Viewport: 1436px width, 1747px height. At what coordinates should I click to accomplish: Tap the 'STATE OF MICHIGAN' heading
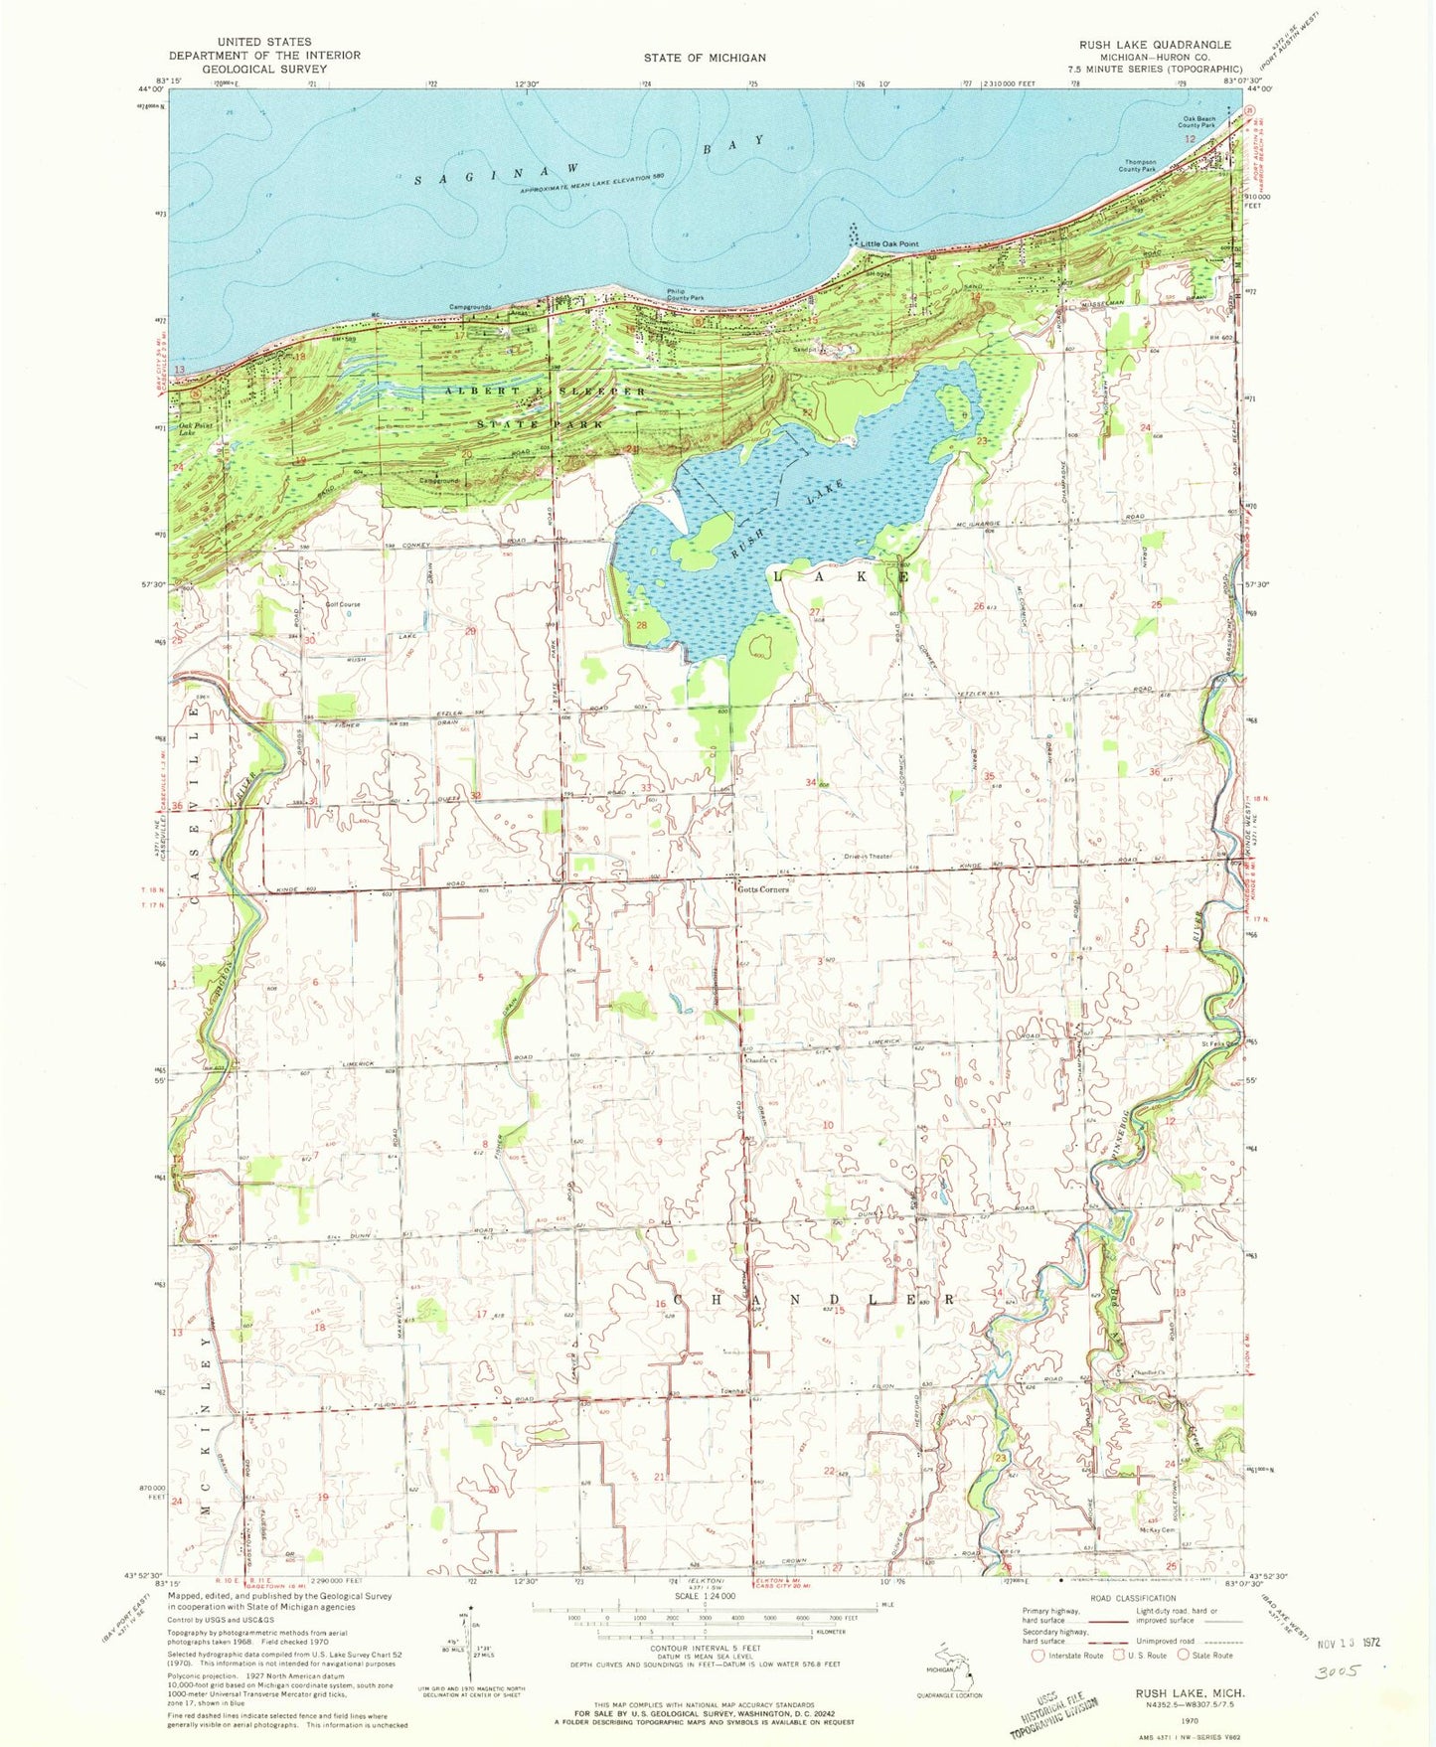(704, 58)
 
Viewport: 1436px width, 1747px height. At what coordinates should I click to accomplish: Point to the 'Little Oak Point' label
(889, 243)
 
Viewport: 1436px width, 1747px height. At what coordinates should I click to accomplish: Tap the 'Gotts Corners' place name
(763, 889)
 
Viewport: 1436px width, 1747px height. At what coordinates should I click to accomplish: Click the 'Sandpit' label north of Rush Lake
(804, 350)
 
